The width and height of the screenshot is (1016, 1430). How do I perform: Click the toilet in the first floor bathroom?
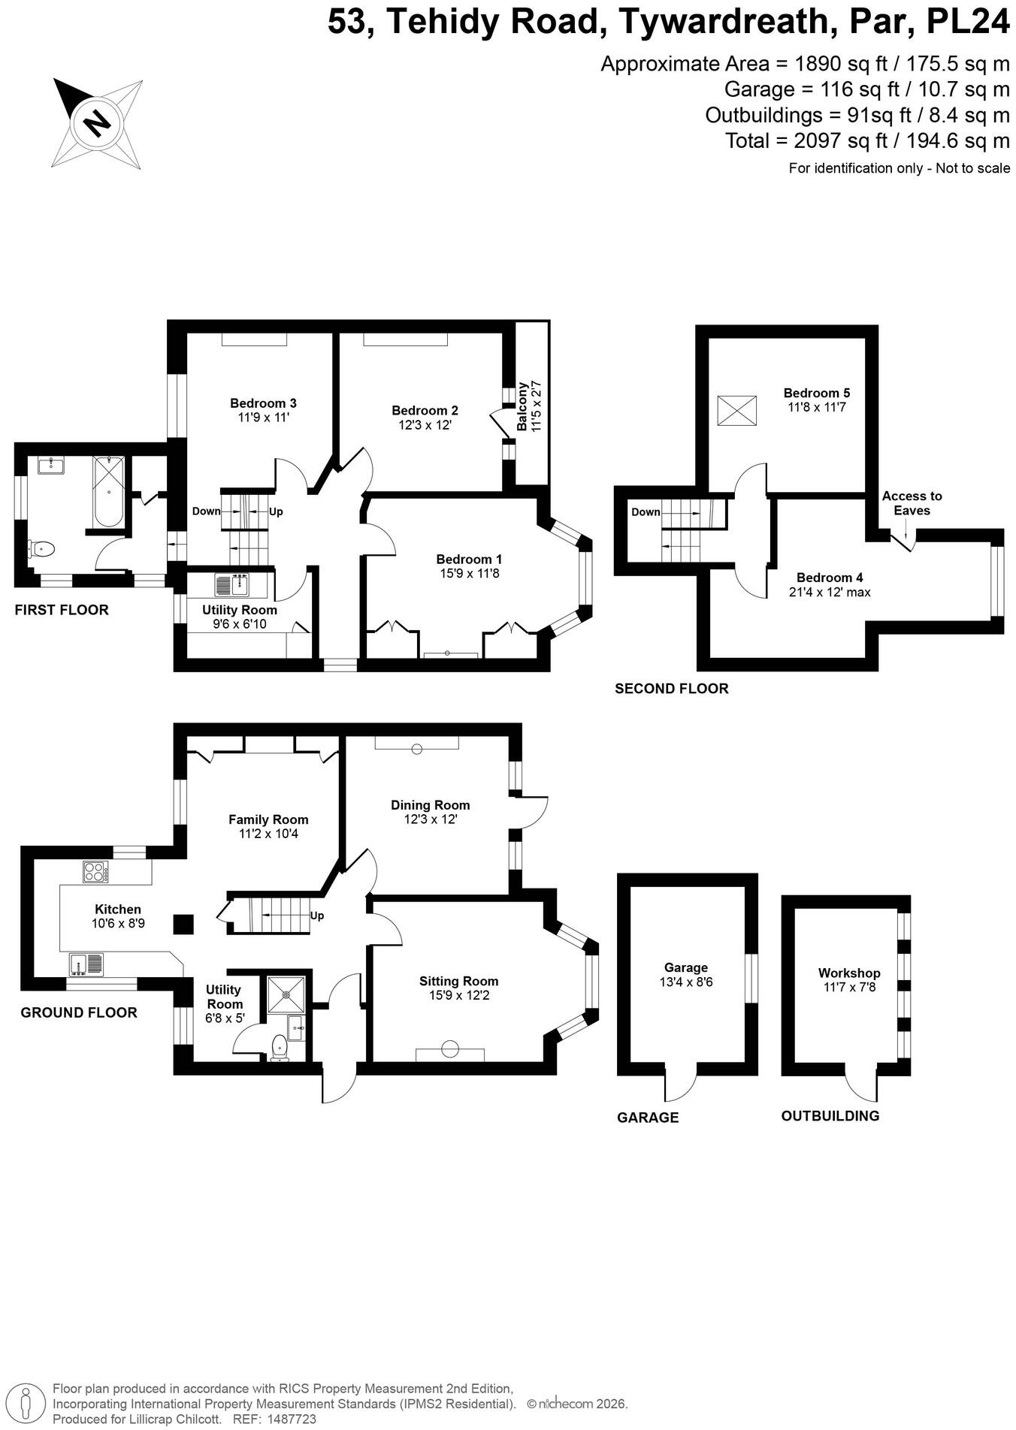coord(42,549)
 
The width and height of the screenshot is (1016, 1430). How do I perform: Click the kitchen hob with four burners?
coord(95,872)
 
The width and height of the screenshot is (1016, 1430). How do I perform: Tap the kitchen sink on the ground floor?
coord(86,963)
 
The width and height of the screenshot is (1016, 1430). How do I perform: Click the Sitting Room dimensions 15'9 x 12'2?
coord(458,995)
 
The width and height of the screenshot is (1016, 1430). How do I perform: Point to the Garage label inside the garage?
coord(686,967)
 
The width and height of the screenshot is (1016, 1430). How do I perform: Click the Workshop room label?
coord(849,973)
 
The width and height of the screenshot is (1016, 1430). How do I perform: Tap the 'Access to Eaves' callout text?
coord(912,503)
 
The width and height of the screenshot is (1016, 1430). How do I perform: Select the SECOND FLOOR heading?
coord(672,688)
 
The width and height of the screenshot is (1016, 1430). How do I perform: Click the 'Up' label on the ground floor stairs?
coord(317,916)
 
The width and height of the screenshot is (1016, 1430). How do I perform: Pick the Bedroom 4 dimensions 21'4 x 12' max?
coord(830,592)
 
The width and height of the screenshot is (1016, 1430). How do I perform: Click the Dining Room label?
coord(431,805)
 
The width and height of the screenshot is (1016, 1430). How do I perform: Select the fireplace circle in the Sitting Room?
coord(450,1048)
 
